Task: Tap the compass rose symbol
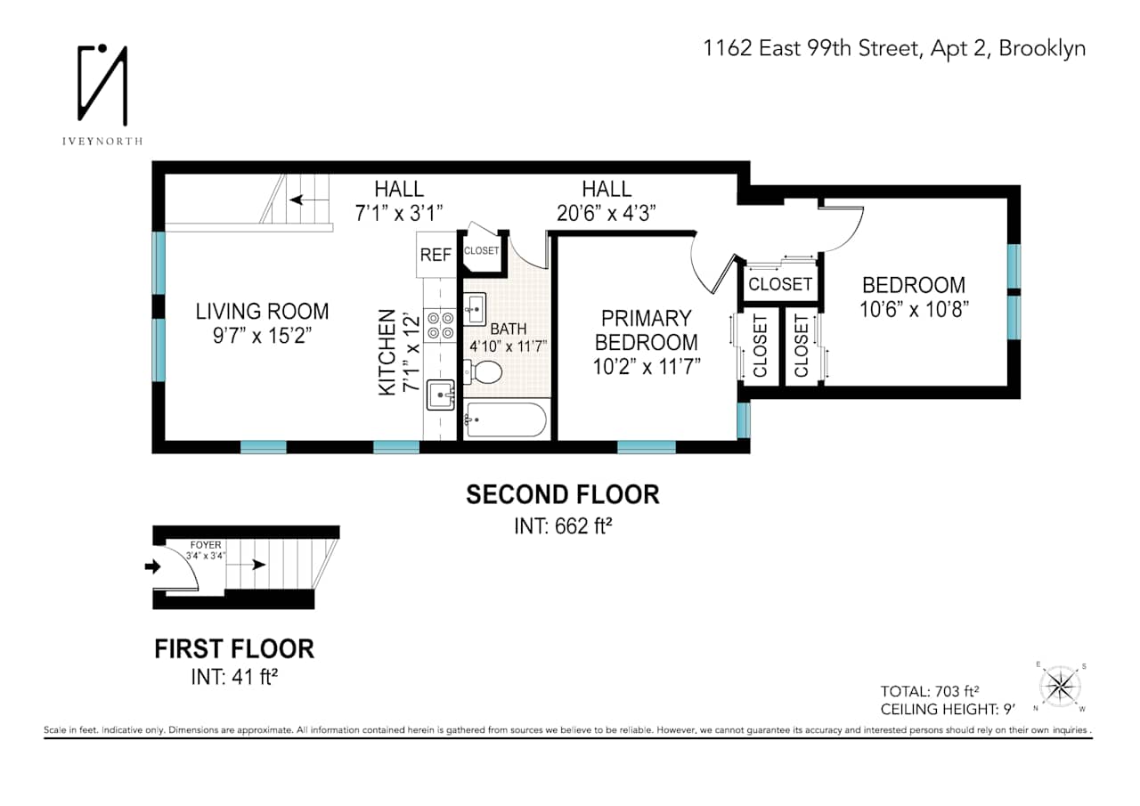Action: click(1060, 686)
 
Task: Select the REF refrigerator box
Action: click(436, 255)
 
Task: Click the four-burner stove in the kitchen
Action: click(441, 325)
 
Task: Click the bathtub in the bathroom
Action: click(505, 419)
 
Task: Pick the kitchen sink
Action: click(441, 394)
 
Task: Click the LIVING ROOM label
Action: click(262, 311)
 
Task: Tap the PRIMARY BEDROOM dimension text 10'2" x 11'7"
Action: click(646, 365)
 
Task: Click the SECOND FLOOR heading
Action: click(563, 494)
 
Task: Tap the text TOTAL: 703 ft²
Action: click(930, 691)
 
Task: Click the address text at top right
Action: click(894, 48)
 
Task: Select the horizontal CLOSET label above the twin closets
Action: click(780, 284)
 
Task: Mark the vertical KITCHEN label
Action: click(387, 353)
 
